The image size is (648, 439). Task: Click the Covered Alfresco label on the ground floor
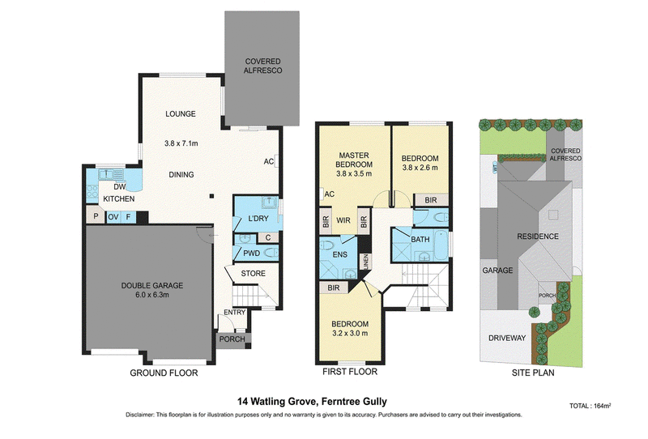262,66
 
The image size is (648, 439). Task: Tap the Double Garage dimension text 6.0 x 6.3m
152,295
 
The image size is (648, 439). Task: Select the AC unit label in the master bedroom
330,194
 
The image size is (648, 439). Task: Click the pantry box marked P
96,216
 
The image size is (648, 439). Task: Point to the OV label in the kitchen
113,217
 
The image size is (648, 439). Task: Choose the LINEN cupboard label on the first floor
365,262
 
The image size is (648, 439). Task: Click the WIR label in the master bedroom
343,221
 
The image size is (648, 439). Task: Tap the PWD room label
251,254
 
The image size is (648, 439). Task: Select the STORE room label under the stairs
254,274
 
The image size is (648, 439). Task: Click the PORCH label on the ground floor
232,339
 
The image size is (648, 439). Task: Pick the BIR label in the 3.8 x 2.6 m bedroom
431,200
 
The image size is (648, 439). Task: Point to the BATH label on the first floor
420,239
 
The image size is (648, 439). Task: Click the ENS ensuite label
340,254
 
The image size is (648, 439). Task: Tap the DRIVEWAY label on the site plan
507,338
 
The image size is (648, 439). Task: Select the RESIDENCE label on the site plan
538,237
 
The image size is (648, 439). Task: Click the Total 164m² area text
590,406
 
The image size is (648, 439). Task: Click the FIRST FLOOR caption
350,372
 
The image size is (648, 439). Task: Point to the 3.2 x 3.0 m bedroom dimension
351,333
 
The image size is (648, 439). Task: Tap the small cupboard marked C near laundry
268,237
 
